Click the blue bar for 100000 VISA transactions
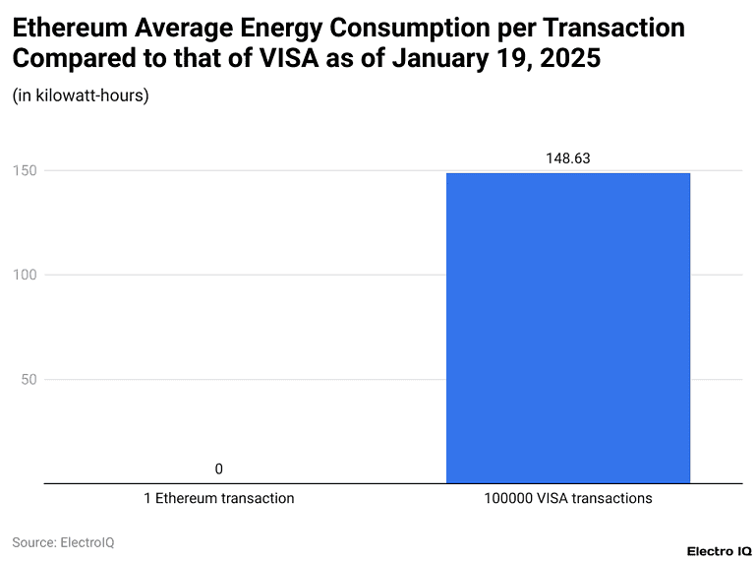568,328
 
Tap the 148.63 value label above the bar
568,157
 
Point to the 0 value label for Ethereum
218,468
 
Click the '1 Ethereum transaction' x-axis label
218,498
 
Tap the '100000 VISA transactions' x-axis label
568,498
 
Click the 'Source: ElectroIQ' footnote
63,542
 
